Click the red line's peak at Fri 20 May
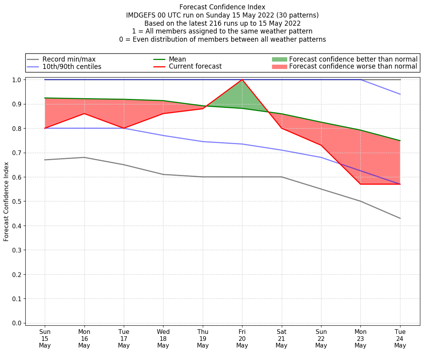tap(242, 79)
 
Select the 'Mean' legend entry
tap(177, 59)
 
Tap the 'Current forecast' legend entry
tap(195, 67)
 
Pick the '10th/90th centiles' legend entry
tap(72, 67)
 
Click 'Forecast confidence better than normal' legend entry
tap(353, 59)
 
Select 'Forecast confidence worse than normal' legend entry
tap(353, 67)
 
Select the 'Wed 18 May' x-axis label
tap(163, 339)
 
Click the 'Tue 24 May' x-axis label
tap(400, 339)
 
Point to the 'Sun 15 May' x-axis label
tap(45, 339)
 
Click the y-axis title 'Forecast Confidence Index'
tap(7, 201)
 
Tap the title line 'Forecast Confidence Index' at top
tap(222, 7)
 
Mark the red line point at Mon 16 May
tap(84, 114)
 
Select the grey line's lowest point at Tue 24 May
tap(400, 218)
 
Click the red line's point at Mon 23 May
tap(360, 184)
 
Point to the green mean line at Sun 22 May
tap(321, 122)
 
